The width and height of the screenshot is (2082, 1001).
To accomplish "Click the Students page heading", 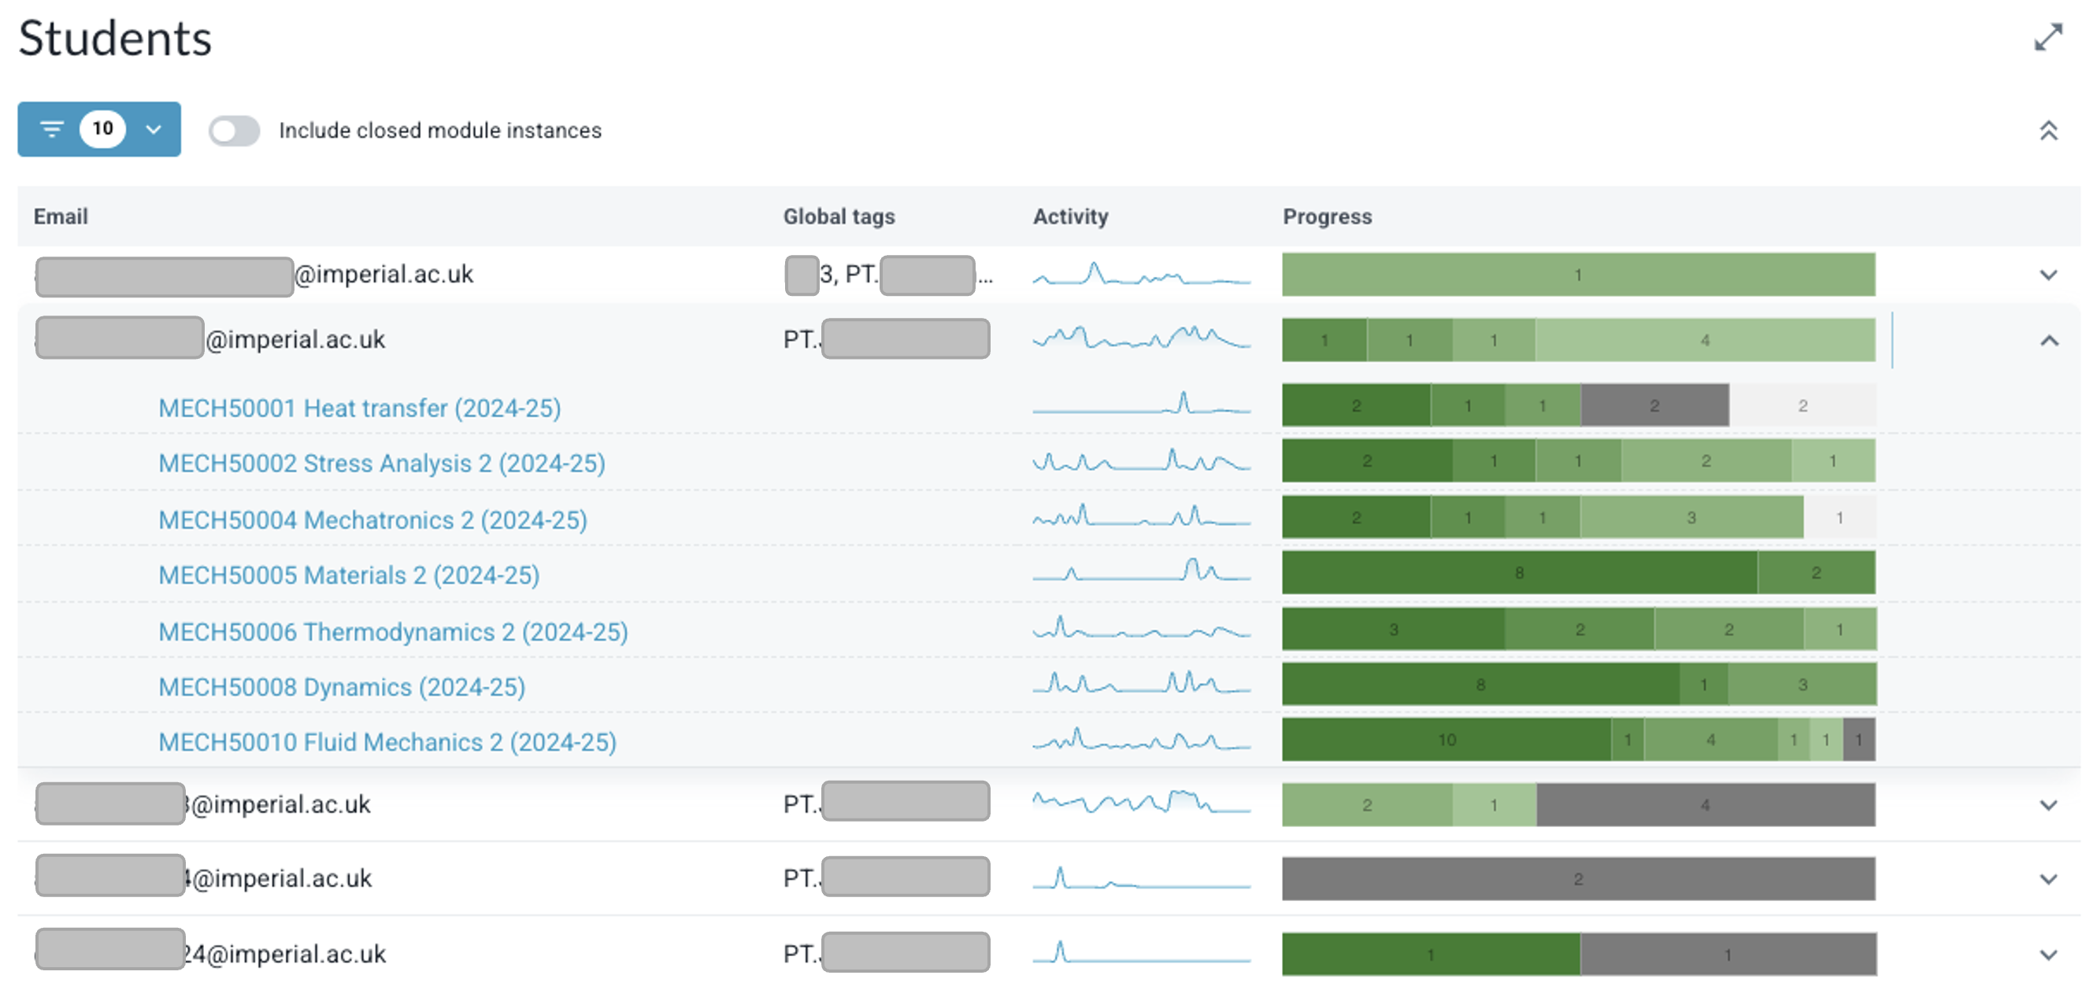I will [x=115, y=38].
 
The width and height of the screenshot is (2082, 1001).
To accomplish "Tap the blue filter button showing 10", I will [x=98, y=129].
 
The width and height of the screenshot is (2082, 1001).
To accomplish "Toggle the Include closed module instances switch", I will [x=235, y=131].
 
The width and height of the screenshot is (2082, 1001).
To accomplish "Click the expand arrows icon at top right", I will [x=2048, y=37].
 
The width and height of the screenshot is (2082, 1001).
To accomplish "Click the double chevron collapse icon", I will [x=2048, y=131].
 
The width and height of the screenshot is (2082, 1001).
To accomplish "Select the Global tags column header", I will [x=838, y=216].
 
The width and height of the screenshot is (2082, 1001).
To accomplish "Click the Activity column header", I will [x=1069, y=216].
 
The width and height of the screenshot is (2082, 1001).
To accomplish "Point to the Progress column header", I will [x=1326, y=216].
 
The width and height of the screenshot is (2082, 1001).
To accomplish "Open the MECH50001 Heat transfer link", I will [x=359, y=408].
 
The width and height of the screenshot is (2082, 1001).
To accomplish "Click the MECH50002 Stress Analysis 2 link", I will [x=380, y=463].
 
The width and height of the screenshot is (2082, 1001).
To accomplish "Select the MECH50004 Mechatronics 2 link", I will [x=372, y=519].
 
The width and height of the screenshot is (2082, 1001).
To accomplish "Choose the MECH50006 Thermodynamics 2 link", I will [x=392, y=632].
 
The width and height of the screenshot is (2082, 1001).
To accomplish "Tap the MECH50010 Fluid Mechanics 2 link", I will [x=387, y=741].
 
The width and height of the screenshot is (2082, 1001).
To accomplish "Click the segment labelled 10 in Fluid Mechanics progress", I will [x=1445, y=740].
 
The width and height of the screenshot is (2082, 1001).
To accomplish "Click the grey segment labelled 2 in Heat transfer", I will [x=1654, y=405].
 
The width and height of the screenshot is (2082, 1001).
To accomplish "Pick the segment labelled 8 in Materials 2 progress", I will [x=1518, y=573].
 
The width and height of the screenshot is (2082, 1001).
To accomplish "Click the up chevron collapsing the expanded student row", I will [x=2048, y=341].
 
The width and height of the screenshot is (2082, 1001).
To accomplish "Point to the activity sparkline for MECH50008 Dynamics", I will [x=1140, y=685].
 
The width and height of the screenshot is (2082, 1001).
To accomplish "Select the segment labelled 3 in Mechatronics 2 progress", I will [x=1690, y=518].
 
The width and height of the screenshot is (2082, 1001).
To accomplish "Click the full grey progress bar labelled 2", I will [x=1577, y=879].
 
